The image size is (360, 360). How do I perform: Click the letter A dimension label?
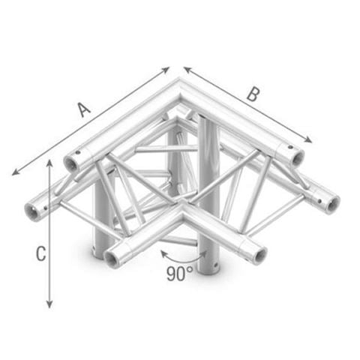pos(84,109)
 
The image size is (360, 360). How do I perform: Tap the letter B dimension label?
pos(253,94)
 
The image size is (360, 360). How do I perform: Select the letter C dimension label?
pos(40,253)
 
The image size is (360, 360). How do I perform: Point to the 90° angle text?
pos(180,274)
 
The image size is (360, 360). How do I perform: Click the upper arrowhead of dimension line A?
pos(166,70)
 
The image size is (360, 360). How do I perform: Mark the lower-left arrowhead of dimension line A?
pos(16,172)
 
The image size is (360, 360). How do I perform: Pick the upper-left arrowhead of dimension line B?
pos(187,69)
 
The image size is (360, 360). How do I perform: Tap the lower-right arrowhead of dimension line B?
pos(308,140)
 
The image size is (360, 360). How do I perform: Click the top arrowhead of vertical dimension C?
pos(49,163)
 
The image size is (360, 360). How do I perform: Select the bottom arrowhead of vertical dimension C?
pos(49,304)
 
